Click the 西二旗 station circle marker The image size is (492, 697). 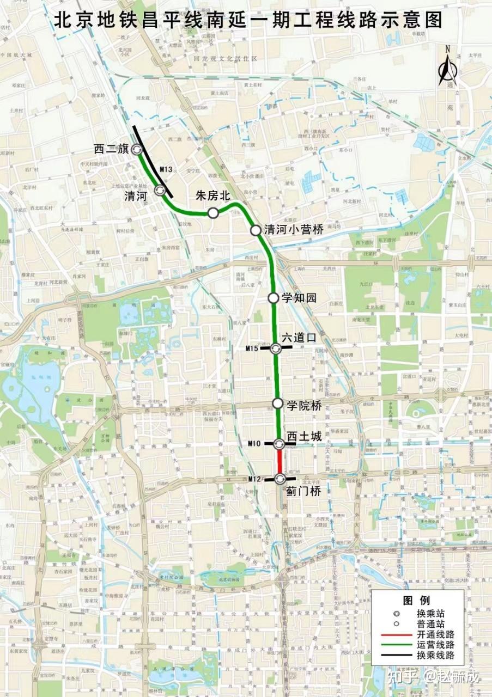[136, 149]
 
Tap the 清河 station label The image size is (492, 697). [136, 197]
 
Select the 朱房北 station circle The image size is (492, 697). [212, 213]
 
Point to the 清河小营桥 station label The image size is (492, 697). [294, 230]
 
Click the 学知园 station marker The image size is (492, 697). [274, 298]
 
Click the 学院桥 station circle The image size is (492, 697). [277, 403]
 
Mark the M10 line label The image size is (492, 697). [254, 444]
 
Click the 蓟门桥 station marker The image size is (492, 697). [280, 479]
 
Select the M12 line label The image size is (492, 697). [254, 479]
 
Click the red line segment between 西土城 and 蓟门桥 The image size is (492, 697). [279, 462]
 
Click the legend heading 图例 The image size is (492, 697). [417, 600]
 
